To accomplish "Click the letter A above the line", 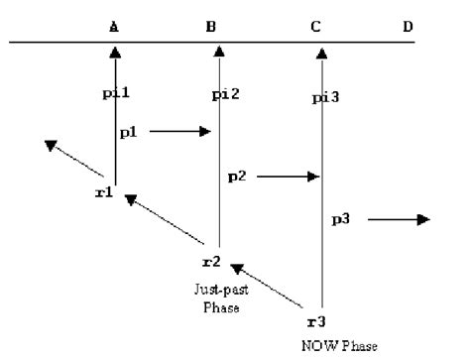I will (115, 27).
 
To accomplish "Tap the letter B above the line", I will (211, 27).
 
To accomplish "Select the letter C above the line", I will (315, 27).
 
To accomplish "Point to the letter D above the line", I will (408, 27).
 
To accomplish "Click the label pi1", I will (117, 93).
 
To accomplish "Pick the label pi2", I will (227, 94).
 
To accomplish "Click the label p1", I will (129, 132).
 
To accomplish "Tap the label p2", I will (237, 176).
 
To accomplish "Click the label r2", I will (210, 263).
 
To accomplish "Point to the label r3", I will (315, 323).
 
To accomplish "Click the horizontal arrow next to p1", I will (181, 132).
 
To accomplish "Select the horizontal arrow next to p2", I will (289, 177).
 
